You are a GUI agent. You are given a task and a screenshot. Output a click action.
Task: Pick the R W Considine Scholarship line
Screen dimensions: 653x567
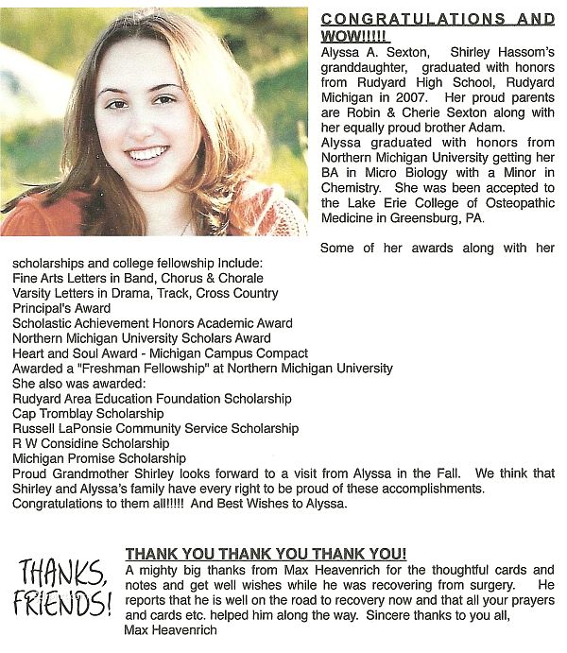tap(91, 444)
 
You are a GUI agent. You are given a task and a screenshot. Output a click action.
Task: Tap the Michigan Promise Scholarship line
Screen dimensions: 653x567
tap(99, 458)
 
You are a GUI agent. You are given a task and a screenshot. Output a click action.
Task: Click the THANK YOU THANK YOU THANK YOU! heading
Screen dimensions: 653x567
tap(266, 553)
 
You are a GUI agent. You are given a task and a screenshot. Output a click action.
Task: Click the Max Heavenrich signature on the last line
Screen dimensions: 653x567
tap(170, 630)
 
